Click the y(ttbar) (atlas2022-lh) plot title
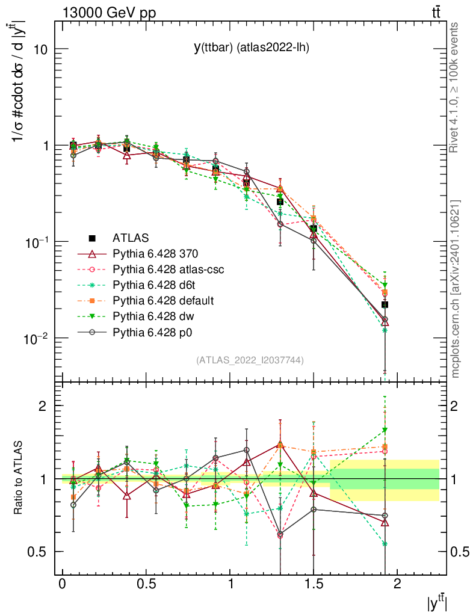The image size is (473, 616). [x=251, y=48]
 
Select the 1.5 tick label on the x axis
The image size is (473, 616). [x=313, y=585]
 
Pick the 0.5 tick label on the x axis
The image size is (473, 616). [x=146, y=585]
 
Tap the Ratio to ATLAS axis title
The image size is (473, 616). [x=19, y=478]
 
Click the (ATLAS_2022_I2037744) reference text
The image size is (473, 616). [x=250, y=360]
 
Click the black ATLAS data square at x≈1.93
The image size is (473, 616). [x=385, y=305]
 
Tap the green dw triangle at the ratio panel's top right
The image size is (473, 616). [x=385, y=430]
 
